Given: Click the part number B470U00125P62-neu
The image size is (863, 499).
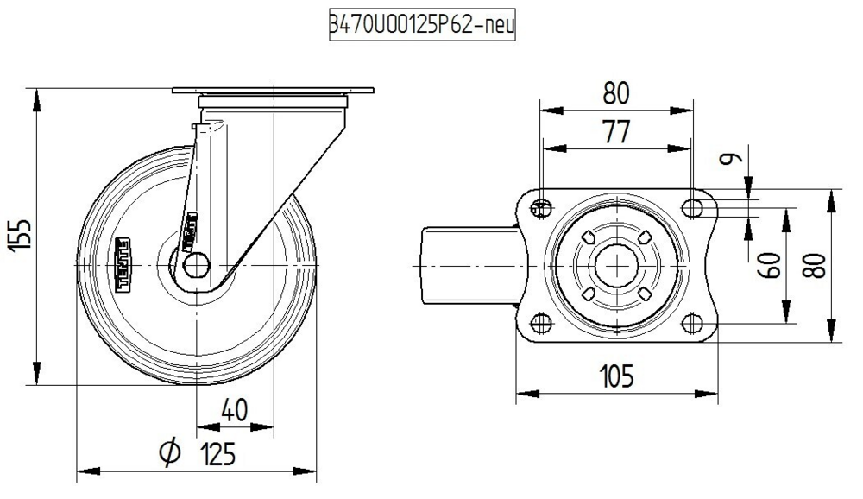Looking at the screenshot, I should tap(419, 26).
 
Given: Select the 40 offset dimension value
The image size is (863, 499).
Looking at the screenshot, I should tap(235, 410).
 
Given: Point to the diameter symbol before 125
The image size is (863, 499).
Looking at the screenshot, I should tap(170, 452).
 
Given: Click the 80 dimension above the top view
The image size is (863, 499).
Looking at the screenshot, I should tap(616, 92).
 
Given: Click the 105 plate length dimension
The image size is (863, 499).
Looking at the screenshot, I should tap(616, 376).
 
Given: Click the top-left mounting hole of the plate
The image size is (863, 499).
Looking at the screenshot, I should tap(541, 207).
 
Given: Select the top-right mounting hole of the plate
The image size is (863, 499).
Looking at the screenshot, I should tap(691, 207).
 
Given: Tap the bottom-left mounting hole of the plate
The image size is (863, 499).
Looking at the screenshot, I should tap(541, 323).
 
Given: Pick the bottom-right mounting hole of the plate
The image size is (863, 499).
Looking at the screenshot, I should tap(691, 323).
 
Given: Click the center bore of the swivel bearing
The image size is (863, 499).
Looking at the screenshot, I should tap(616, 265).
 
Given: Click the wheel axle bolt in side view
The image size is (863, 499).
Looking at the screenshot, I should tap(197, 264).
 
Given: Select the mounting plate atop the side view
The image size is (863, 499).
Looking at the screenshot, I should tap(273, 91).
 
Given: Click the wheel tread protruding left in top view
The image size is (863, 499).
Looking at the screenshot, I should tap(466, 265).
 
